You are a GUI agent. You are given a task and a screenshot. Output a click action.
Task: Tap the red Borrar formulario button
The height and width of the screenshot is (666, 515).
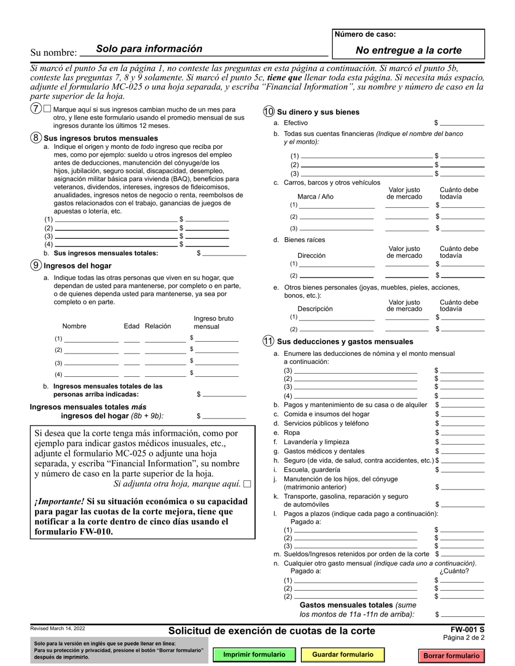451,656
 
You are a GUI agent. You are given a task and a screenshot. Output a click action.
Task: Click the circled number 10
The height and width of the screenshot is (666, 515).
268,112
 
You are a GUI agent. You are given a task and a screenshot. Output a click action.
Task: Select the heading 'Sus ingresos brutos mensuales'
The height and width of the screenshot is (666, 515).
93,138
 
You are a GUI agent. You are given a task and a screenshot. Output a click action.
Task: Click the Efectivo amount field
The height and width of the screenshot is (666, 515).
462,123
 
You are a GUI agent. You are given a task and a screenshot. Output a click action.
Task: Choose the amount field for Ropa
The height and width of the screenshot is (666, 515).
462,433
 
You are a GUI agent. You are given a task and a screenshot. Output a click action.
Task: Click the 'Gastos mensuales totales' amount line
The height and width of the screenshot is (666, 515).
462,615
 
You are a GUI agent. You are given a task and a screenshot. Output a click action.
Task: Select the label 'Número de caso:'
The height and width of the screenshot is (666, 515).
365,35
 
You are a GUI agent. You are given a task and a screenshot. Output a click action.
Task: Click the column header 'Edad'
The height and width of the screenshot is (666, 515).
132,327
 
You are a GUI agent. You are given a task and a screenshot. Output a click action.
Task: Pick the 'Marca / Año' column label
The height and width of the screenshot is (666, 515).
316,197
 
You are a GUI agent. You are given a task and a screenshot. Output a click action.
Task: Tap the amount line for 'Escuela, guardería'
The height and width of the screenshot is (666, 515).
462,470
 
